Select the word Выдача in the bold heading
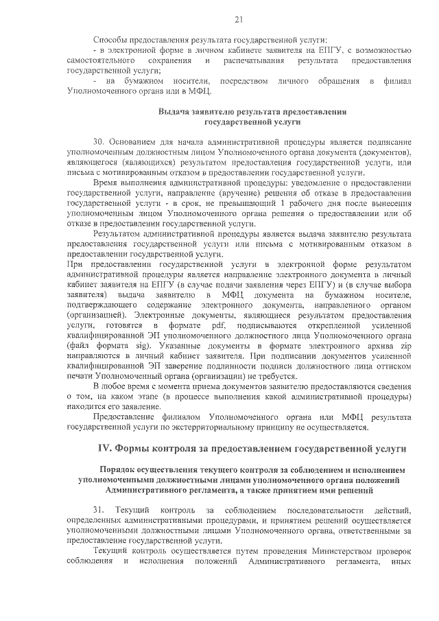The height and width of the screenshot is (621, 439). click(173, 110)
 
